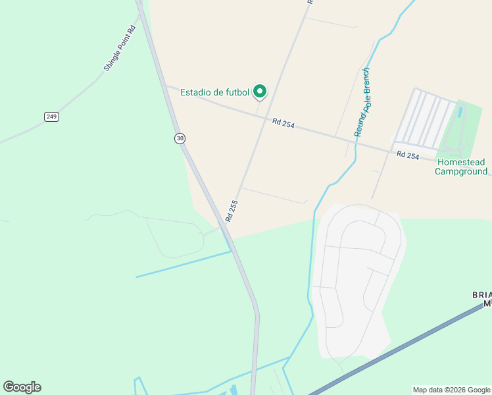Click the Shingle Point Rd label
[x=119, y=48]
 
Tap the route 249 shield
[x=52, y=117]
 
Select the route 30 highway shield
[x=180, y=138]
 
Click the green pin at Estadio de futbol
[x=260, y=91]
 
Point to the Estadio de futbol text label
[x=215, y=92]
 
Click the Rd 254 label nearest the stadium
[x=283, y=122]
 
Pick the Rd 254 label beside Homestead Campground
[x=408, y=155]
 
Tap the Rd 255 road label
[x=230, y=210]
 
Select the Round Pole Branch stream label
[x=362, y=102]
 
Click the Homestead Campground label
[x=461, y=167]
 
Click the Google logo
[x=22, y=387]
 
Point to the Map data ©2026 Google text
[x=451, y=390]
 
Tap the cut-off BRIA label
[x=481, y=295]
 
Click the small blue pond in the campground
[x=459, y=113]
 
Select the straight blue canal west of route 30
[x=184, y=263]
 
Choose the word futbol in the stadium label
[x=236, y=92]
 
